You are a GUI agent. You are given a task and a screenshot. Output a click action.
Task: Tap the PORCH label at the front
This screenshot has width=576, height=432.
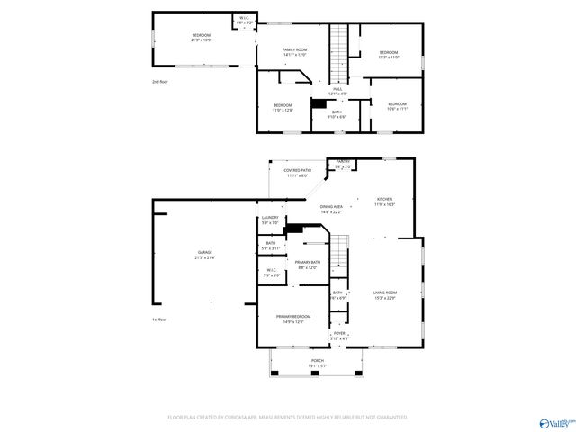click(318, 362)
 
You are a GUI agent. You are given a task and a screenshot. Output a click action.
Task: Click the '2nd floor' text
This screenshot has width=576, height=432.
click(160, 82)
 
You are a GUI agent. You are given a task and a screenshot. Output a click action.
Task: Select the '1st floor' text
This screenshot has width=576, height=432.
click(160, 319)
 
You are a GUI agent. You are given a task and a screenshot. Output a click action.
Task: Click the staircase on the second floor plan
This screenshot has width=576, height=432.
click(338, 51)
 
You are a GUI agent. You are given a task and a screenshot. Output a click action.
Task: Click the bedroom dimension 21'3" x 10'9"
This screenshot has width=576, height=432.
click(200, 40)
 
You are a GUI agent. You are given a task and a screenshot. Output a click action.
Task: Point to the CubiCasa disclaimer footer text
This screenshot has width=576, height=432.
click(288, 417)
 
